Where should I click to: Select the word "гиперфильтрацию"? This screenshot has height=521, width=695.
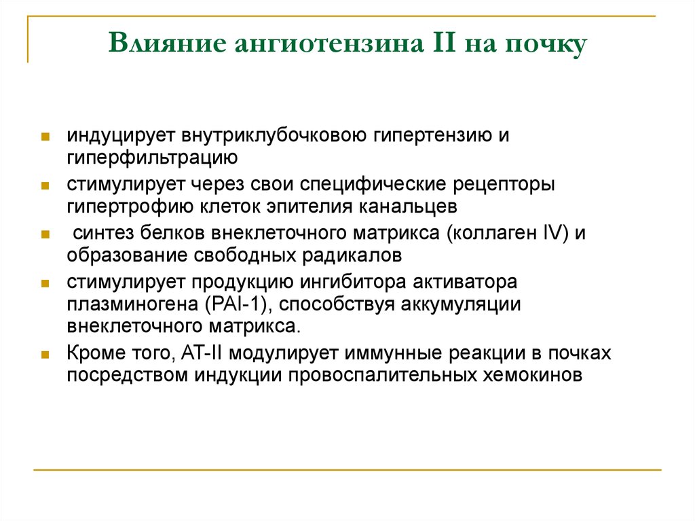151,158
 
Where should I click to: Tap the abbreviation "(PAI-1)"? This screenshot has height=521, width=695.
233,304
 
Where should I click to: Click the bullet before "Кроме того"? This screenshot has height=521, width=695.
44,354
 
